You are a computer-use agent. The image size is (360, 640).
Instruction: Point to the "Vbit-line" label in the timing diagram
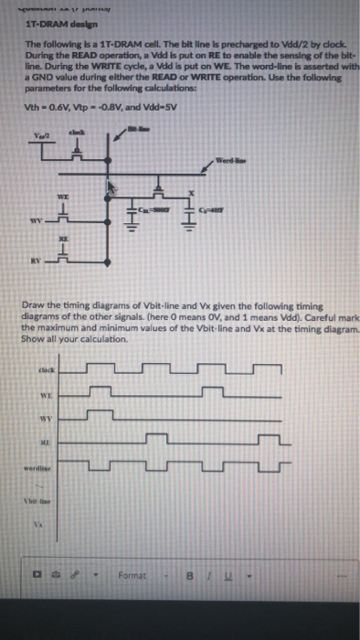pyautogui.click(x=39, y=501)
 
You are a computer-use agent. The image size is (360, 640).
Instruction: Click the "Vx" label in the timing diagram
pyautogui.click(x=38, y=525)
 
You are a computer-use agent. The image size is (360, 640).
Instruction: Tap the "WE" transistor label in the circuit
pyautogui.click(x=62, y=197)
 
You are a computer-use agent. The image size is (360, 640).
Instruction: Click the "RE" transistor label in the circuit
pyautogui.click(x=63, y=234)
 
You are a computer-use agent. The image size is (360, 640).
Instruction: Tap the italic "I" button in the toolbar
pyautogui.click(x=196, y=577)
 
